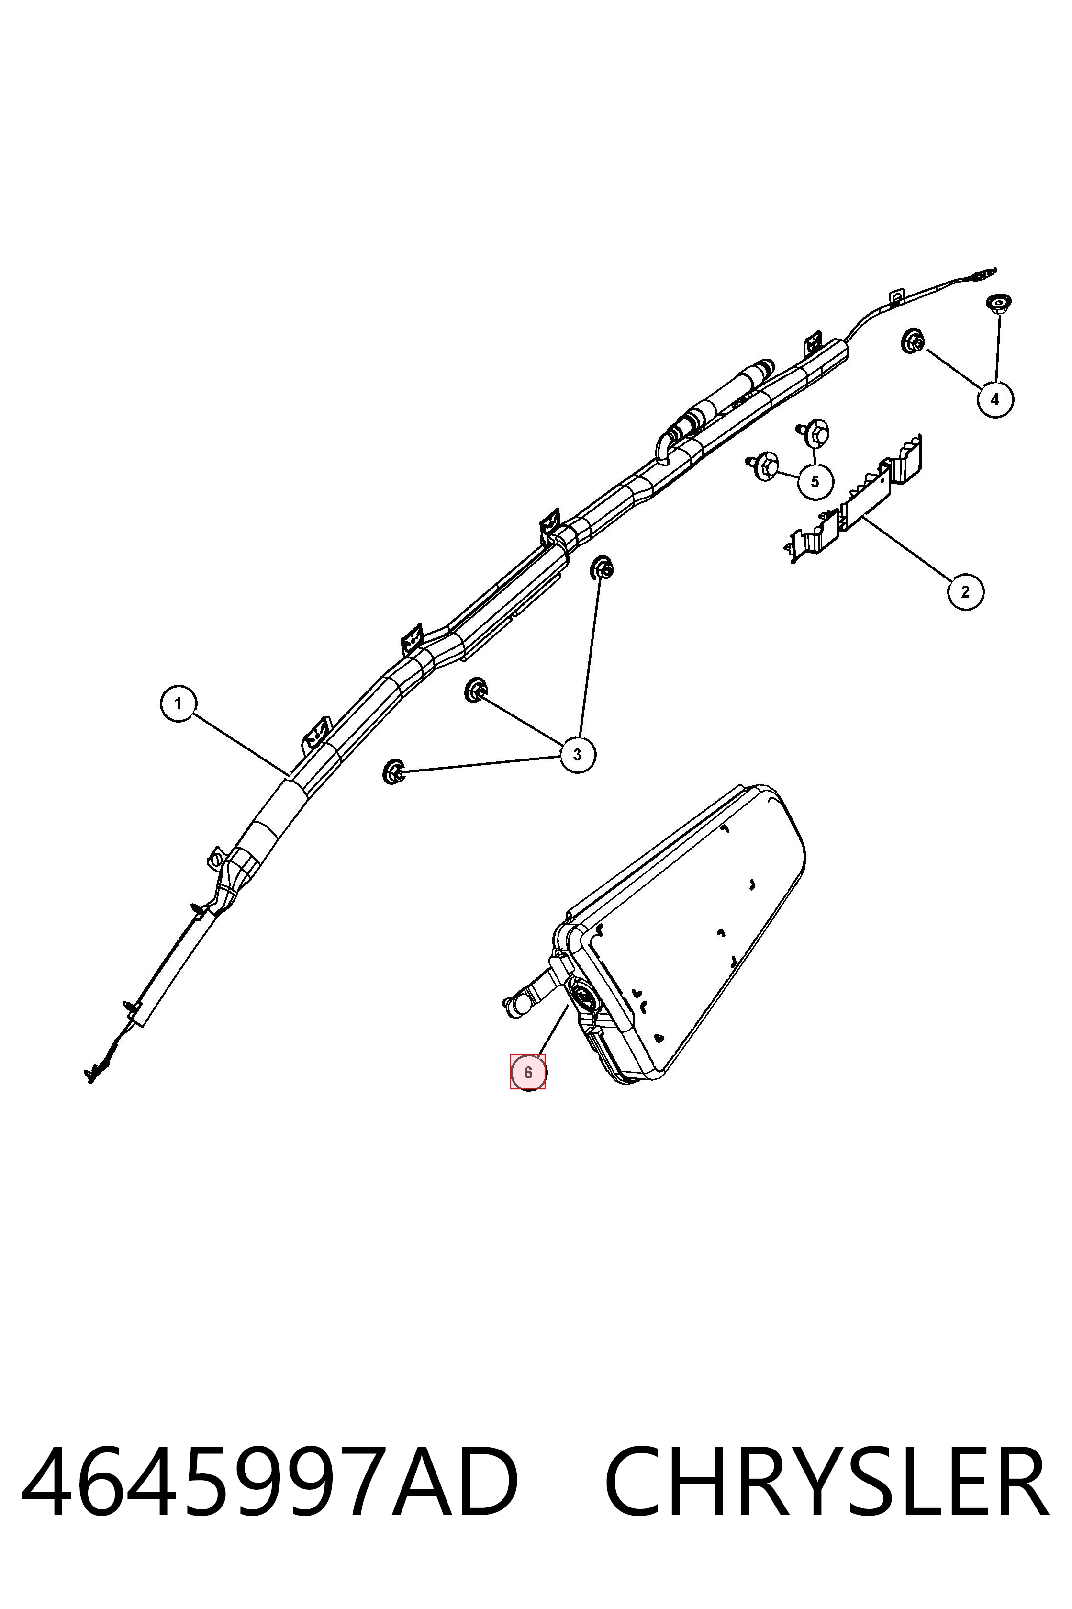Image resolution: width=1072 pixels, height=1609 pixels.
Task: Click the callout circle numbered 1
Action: click(x=178, y=703)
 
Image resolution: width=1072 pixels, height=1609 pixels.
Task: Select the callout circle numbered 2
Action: click(x=965, y=592)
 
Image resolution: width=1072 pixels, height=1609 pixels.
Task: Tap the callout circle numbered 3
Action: click(x=577, y=755)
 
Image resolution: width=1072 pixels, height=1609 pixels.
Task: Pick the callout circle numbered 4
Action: click(x=995, y=399)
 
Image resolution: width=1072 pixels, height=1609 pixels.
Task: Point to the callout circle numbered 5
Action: click(x=815, y=482)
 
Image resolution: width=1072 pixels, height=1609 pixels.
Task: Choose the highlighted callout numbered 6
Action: click(x=528, y=1073)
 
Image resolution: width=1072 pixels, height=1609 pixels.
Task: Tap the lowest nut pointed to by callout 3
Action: click(x=392, y=771)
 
